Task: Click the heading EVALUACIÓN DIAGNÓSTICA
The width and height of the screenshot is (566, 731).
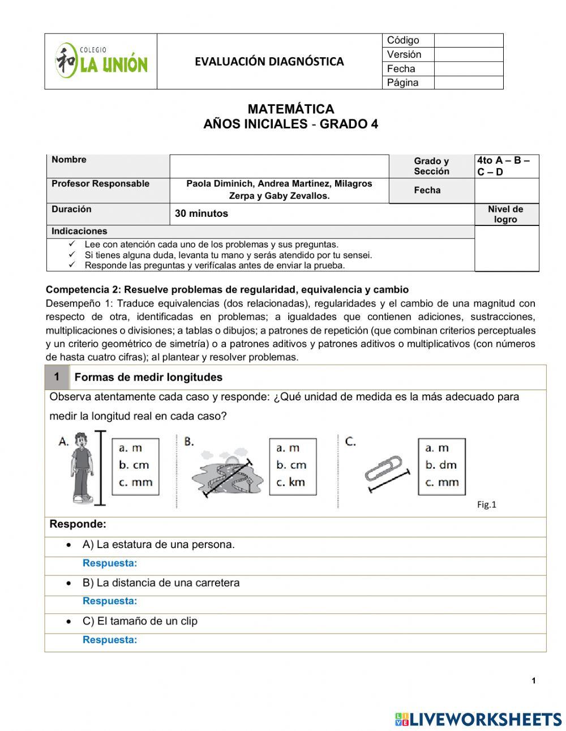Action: point(269,61)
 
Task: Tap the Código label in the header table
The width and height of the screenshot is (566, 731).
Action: point(403,40)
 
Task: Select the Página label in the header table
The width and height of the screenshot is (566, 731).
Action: point(402,83)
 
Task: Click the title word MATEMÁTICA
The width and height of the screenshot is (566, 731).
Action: point(290,109)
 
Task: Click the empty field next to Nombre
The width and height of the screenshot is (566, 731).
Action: point(279,166)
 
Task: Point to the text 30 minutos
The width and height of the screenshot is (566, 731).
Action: point(201,213)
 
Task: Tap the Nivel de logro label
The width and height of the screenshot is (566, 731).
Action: point(505,214)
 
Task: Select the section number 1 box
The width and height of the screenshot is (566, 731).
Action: point(57,377)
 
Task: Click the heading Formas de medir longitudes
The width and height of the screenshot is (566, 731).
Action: point(148,377)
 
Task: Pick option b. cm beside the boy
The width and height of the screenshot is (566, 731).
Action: point(134,465)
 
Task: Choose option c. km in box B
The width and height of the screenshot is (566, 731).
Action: point(291,482)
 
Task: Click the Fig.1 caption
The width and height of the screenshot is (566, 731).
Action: point(486,505)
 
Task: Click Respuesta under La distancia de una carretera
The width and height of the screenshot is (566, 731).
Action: point(110,601)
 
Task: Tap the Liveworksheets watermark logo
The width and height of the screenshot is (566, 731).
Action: point(478,719)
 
